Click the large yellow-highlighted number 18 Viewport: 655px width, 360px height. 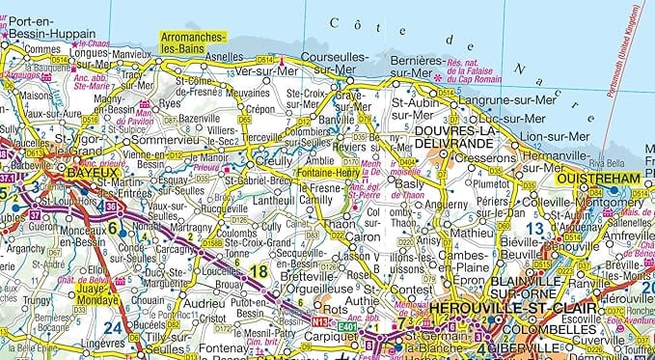(258, 271)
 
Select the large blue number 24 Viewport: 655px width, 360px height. (114, 326)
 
